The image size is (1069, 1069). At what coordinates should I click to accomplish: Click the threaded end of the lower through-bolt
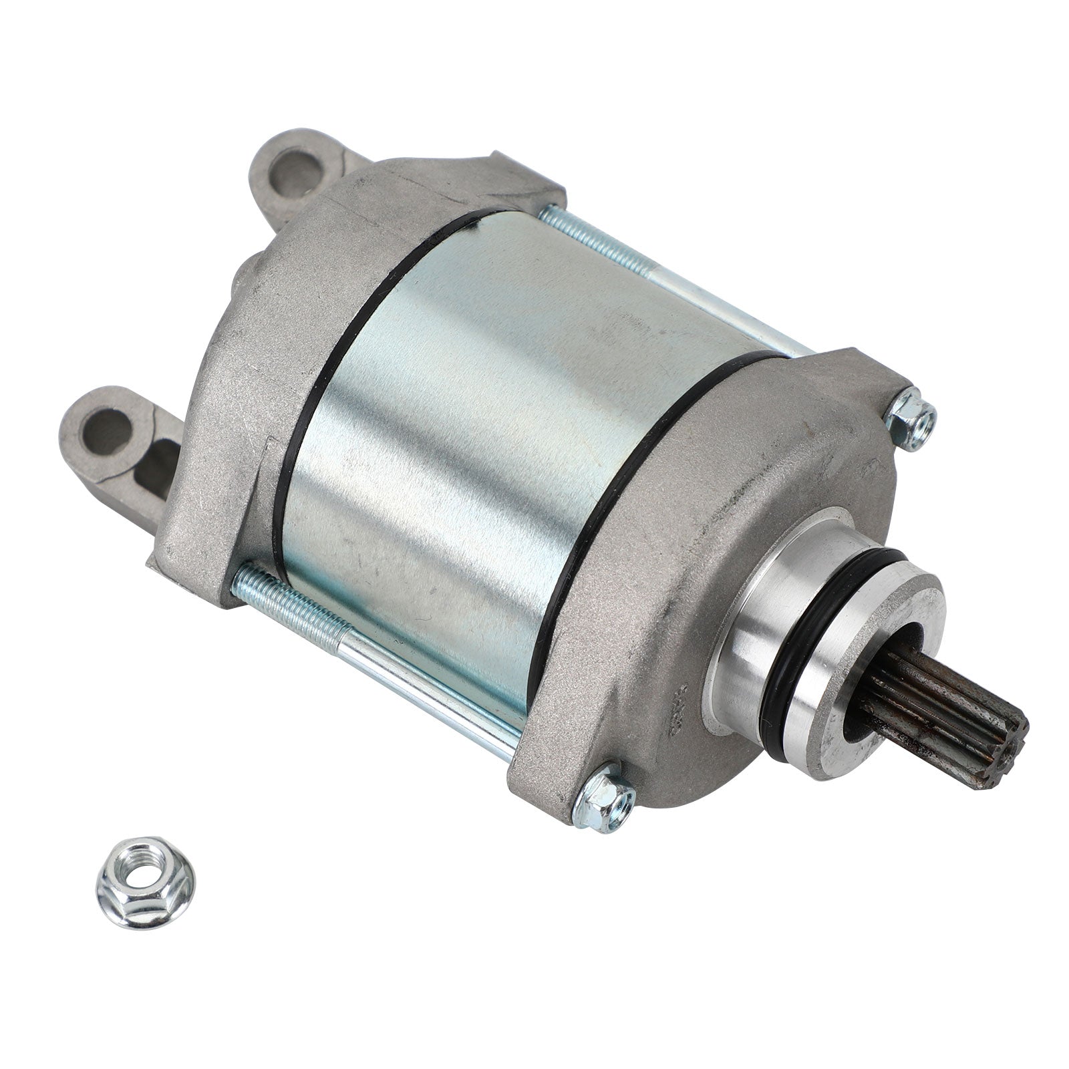294,601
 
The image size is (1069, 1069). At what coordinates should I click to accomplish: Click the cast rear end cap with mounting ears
220,374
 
